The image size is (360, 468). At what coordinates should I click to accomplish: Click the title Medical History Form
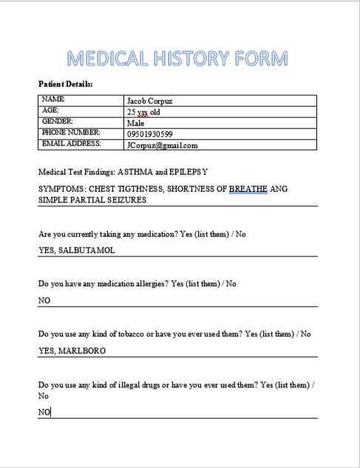177,58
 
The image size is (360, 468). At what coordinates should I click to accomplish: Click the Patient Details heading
66,84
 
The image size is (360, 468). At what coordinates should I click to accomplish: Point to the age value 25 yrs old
143,112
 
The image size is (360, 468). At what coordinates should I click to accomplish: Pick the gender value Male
135,123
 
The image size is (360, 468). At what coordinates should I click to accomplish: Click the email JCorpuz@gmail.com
162,145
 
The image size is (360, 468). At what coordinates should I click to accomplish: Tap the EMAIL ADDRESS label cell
71,143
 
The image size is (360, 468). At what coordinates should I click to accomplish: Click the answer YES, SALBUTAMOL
77,250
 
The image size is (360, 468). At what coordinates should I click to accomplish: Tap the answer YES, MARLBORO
72,351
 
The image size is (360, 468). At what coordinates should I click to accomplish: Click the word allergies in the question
146,284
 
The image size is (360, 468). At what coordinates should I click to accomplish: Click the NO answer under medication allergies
44,301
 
